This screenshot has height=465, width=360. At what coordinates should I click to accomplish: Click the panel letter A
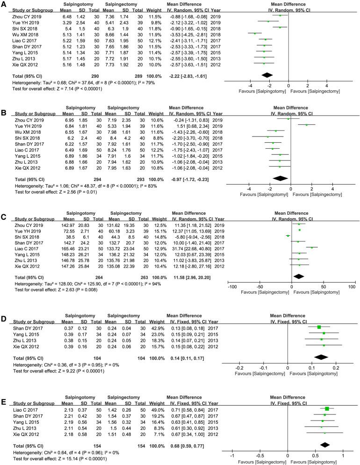point(4,3)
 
